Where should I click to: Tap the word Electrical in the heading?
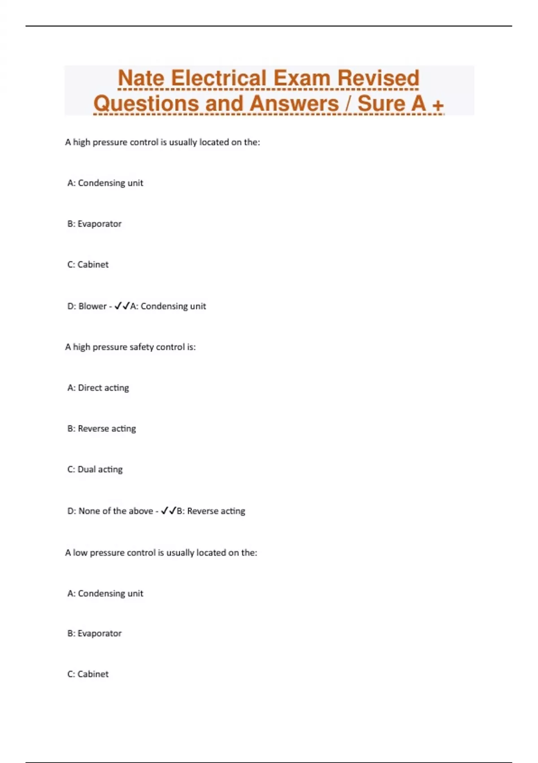point(219,78)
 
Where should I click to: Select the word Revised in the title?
point(378,78)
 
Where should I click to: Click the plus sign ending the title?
point(438,105)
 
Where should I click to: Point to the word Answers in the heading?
point(294,104)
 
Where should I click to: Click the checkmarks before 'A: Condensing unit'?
point(122,306)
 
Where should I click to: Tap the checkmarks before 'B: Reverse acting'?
point(169,511)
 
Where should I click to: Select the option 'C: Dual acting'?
point(95,469)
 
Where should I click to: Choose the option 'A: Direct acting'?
point(98,388)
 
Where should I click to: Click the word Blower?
point(92,306)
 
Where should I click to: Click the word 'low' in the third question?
point(80,553)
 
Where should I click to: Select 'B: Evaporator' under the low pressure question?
point(94,633)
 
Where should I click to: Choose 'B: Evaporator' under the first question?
point(94,224)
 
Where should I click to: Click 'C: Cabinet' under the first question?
point(88,264)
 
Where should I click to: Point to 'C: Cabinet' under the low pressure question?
point(88,674)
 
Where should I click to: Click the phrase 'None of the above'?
point(116,511)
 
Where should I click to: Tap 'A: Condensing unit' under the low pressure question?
point(105,593)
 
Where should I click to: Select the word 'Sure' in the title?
point(381,104)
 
